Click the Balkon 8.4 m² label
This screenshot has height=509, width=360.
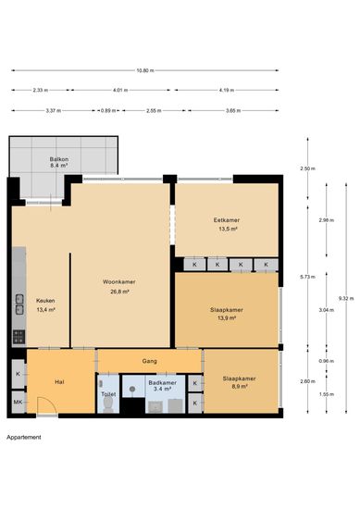click(58, 162)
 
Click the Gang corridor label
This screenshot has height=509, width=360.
click(150, 361)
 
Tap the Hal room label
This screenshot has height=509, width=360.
click(59, 382)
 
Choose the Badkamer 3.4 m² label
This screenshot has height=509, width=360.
click(162, 386)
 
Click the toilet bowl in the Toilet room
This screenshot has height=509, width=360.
click(108, 404)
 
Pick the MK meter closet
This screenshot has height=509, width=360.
click(19, 403)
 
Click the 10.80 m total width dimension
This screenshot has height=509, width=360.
click(145, 70)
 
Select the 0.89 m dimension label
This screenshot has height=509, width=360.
click(108, 111)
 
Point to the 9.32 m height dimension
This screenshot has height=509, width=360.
click(346, 298)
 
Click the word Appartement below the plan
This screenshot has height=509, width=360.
click(24, 437)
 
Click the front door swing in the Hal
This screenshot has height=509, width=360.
click(47, 405)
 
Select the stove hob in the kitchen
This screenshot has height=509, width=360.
click(19, 337)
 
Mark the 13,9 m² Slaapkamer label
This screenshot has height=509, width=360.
click(227, 314)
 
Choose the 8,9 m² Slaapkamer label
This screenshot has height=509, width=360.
click(240, 382)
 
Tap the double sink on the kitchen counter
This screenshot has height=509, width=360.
click(19, 304)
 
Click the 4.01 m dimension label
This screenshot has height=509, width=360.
click(120, 91)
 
